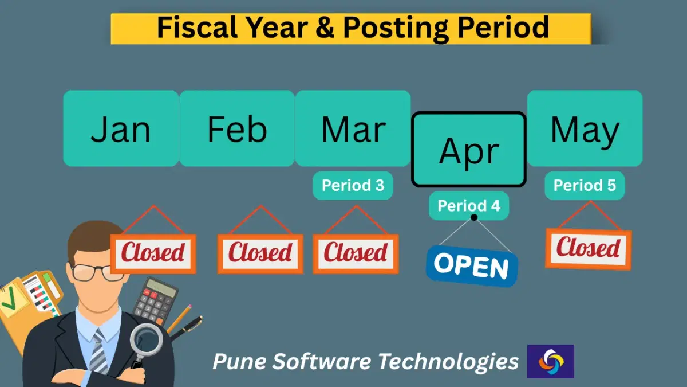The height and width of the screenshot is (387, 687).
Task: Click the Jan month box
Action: pos(121,128)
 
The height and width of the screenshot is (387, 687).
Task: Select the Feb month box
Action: pos(237,128)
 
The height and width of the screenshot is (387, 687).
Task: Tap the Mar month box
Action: pos(353,128)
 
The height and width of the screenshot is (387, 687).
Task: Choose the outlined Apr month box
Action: pos(469,150)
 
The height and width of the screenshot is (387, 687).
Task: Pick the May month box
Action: pos(585,128)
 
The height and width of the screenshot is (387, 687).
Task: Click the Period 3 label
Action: pos(353,186)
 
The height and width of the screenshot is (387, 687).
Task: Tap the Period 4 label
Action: pos(469,205)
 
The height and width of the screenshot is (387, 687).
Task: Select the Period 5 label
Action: pos(585,186)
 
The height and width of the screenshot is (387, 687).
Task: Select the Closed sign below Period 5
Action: pos(589,248)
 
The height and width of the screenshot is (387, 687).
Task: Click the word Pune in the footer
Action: pos(234,362)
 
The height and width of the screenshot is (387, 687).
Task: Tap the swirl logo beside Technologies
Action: pos(550,361)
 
